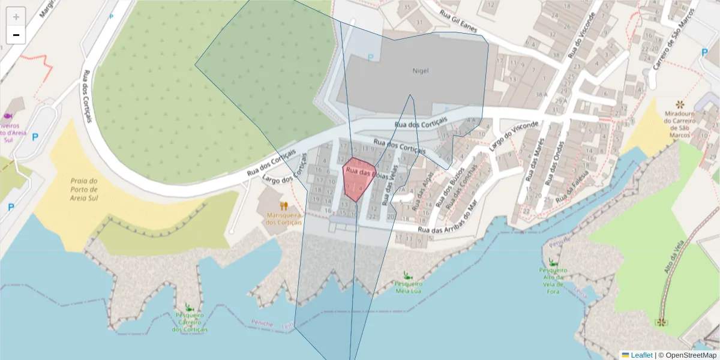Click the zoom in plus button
pyautogui.click(x=16, y=17)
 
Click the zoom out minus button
pyautogui.click(x=16, y=35)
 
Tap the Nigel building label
pyautogui.click(x=421, y=70)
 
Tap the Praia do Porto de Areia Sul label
pyautogui.click(x=84, y=189)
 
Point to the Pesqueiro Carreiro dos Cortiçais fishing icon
pyautogui.click(x=190, y=307)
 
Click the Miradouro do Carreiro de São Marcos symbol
pyautogui.click(x=679, y=104)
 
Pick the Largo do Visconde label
pyautogui.click(x=514, y=135)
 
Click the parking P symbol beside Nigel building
pyautogui.click(x=370, y=58)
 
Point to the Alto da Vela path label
pyautogui.click(x=674, y=257)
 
